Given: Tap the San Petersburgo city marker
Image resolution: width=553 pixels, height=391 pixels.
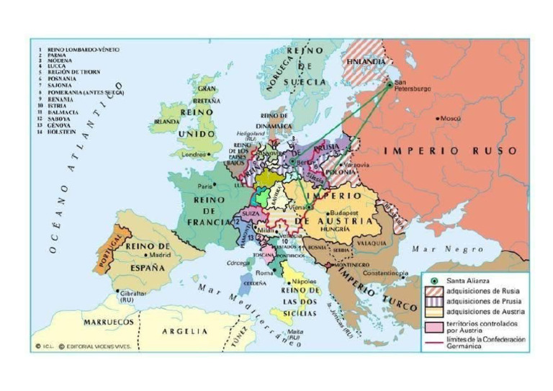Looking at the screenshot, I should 390,84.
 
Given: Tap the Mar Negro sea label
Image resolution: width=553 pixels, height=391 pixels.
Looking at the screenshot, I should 457,248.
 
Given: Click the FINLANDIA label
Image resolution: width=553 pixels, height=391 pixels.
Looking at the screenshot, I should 364,62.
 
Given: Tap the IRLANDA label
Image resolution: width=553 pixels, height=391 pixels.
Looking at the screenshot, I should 166,122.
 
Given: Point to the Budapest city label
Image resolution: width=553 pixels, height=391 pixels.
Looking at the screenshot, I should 343,214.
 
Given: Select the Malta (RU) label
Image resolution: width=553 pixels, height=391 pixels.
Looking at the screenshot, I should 295,335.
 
